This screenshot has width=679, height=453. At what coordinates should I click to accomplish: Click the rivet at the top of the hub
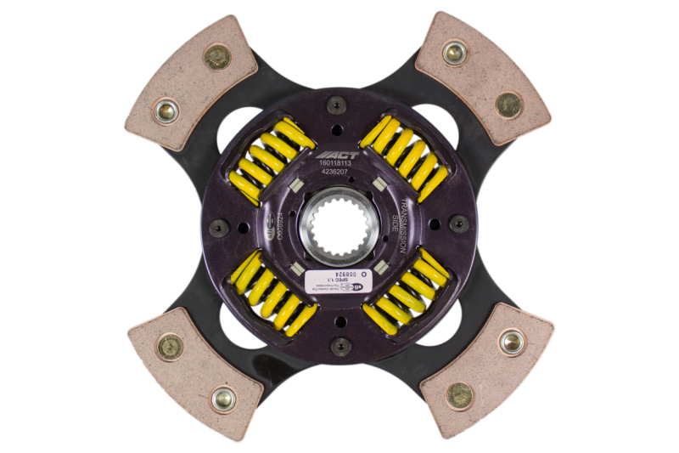(x=338, y=105)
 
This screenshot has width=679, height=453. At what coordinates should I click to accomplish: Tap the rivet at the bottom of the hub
(x=339, y=344)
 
